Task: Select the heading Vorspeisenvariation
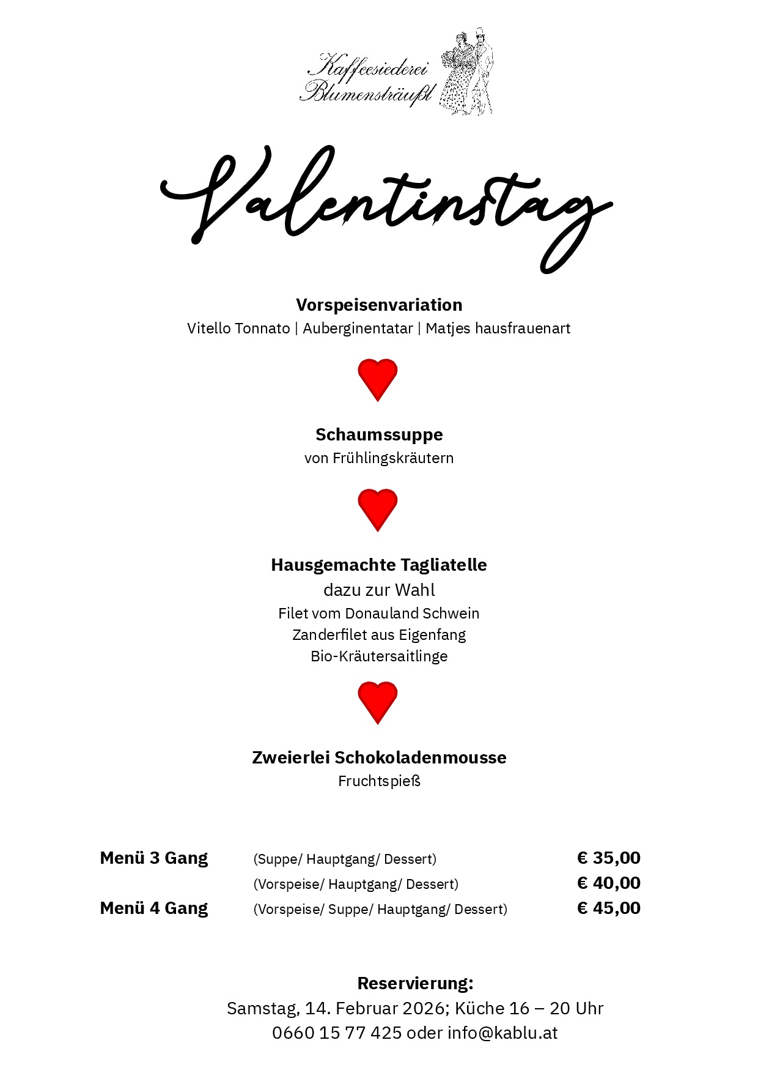[379, 305]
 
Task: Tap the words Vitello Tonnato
[238, 329]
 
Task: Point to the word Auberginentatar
[358, 329]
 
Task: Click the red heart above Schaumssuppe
[378, 379]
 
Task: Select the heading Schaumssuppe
[379, 434]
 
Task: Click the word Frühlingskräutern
[393, 458]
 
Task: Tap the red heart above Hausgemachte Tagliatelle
[378, 509]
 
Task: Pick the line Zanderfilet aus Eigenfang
[379, 635]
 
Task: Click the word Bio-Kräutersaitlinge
[379, 656]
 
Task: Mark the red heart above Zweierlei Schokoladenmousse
[378, 702]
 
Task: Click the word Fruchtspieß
[379, 781]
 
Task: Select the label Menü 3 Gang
[154, 858]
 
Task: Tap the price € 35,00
[609, 858]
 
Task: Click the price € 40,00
[609, 883]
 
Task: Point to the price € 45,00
[609, 908]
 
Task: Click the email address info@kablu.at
[502, 1033]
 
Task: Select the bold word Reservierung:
[415, 983]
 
